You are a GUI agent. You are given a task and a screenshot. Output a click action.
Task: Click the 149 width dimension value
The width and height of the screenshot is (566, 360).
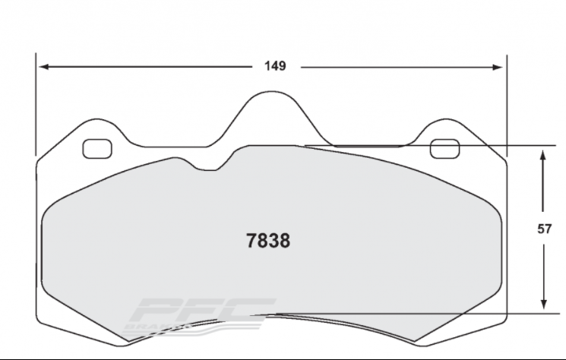coord(275,67)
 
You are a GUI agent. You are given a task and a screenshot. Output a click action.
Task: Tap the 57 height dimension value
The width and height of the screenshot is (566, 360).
coord(544,228)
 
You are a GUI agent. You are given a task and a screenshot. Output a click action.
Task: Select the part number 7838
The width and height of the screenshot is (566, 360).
coord(269,241)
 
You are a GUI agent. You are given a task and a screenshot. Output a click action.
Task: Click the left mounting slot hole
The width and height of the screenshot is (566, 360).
coord(96,149)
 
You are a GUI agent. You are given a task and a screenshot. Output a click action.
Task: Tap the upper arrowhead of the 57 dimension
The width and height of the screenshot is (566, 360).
coord(544,153)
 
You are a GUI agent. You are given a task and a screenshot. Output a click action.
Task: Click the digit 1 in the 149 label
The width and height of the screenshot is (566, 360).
coord(267,67)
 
